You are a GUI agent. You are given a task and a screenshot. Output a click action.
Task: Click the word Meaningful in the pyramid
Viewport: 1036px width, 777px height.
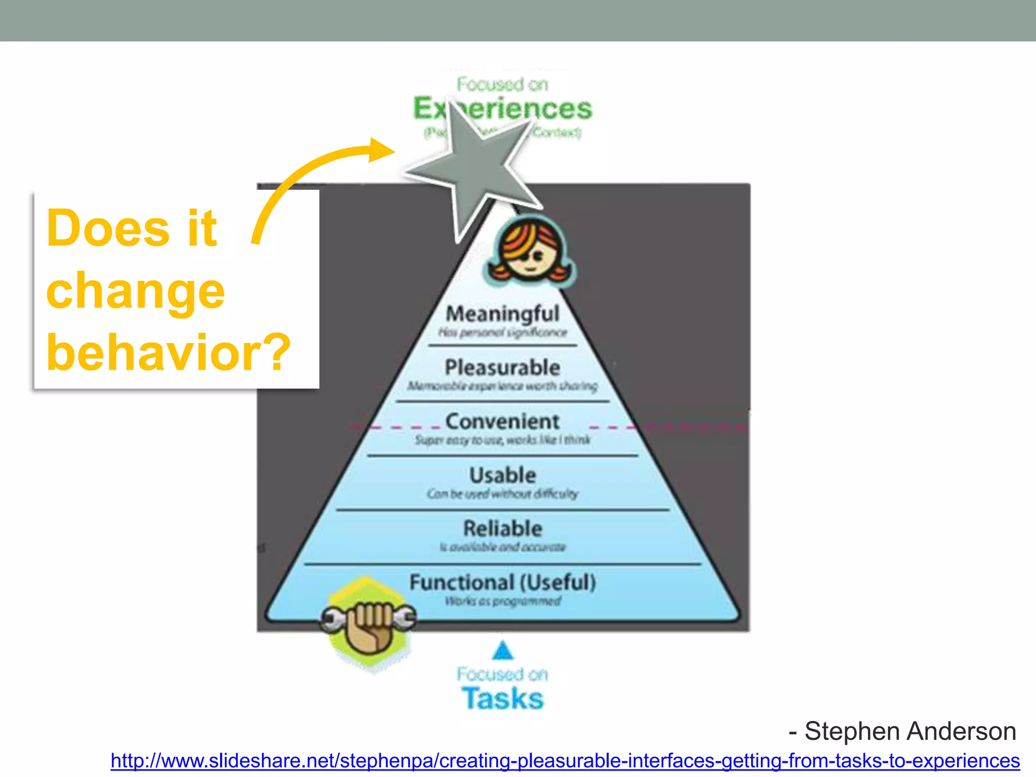(502, 314)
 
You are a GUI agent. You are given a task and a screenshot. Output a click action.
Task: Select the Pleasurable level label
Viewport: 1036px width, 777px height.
(502, 367)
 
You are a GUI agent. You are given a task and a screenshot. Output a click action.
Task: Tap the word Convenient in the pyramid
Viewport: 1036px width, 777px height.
(502, 421)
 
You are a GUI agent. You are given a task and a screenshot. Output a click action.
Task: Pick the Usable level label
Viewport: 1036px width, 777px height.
(502, 475)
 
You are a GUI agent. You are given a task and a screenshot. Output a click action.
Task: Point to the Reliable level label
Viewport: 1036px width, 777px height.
(502, 529)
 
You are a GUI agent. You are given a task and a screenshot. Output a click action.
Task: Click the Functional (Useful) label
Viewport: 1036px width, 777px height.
(502, 582)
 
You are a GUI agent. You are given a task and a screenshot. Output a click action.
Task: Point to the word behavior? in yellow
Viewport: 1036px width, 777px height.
(168, 353)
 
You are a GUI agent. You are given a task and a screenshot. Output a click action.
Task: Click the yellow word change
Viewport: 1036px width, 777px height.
(136, 291)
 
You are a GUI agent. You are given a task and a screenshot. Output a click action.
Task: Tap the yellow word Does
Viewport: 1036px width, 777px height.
(108, 229)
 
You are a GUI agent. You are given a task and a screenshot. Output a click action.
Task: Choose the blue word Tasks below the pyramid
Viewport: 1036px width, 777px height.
(502, 699)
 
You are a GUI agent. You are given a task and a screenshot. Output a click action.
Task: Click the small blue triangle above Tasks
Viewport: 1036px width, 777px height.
(502, 651)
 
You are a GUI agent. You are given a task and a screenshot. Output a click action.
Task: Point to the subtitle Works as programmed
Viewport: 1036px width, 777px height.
(502, 601)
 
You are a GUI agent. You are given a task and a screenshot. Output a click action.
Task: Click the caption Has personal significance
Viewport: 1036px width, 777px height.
(502, 332)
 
